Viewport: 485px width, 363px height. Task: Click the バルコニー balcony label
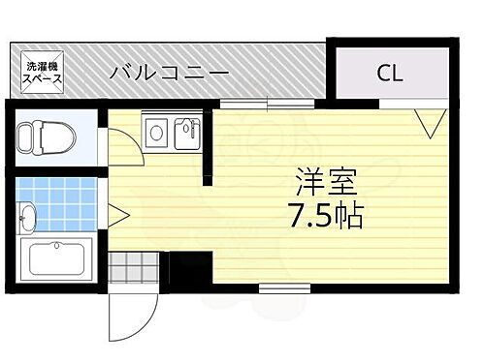169,72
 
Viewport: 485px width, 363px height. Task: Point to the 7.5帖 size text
325,215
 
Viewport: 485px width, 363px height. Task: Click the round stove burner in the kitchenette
154,131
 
